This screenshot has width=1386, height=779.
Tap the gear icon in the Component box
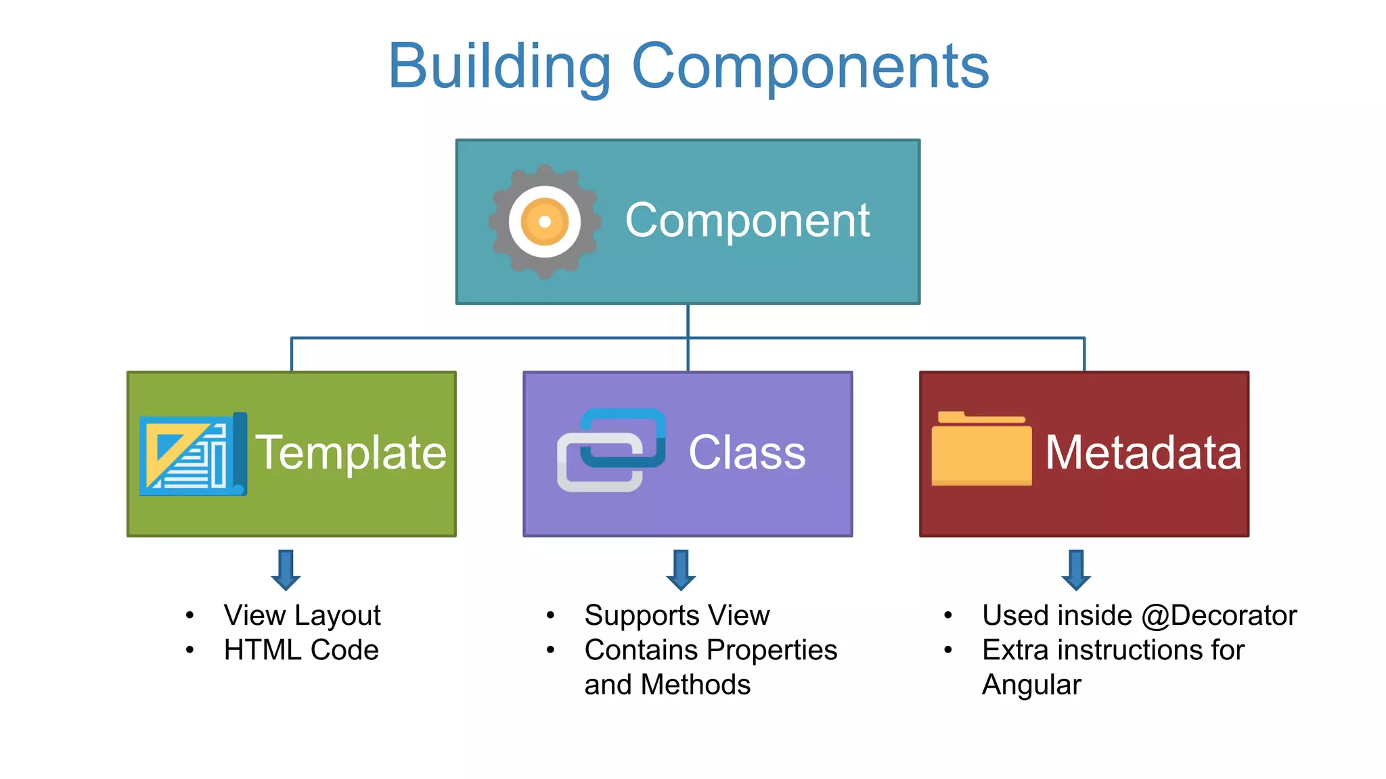click(545, 222)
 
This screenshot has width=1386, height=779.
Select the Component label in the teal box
click(747, 220)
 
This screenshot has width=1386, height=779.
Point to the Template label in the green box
click(351, 452)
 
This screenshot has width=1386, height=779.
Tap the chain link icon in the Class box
click(611, 450)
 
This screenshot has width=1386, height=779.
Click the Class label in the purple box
click(747, 452)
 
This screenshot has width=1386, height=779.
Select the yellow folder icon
click(981, 450)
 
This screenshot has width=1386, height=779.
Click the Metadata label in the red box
click(1143, 452)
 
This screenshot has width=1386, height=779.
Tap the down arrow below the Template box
click(286, 570)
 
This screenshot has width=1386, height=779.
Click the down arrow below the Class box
click(681, 570)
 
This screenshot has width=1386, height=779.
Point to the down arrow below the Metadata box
click(1076, 570)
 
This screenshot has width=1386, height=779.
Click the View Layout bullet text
click(302, 615)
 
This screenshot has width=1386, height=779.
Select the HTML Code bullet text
click(301, 650)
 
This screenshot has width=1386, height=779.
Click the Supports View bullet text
click(677, 615)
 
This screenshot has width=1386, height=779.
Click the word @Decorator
click(1219, 615)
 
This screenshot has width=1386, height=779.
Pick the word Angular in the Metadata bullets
click(1031, 685)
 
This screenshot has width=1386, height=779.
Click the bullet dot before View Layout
click(190, 615)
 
